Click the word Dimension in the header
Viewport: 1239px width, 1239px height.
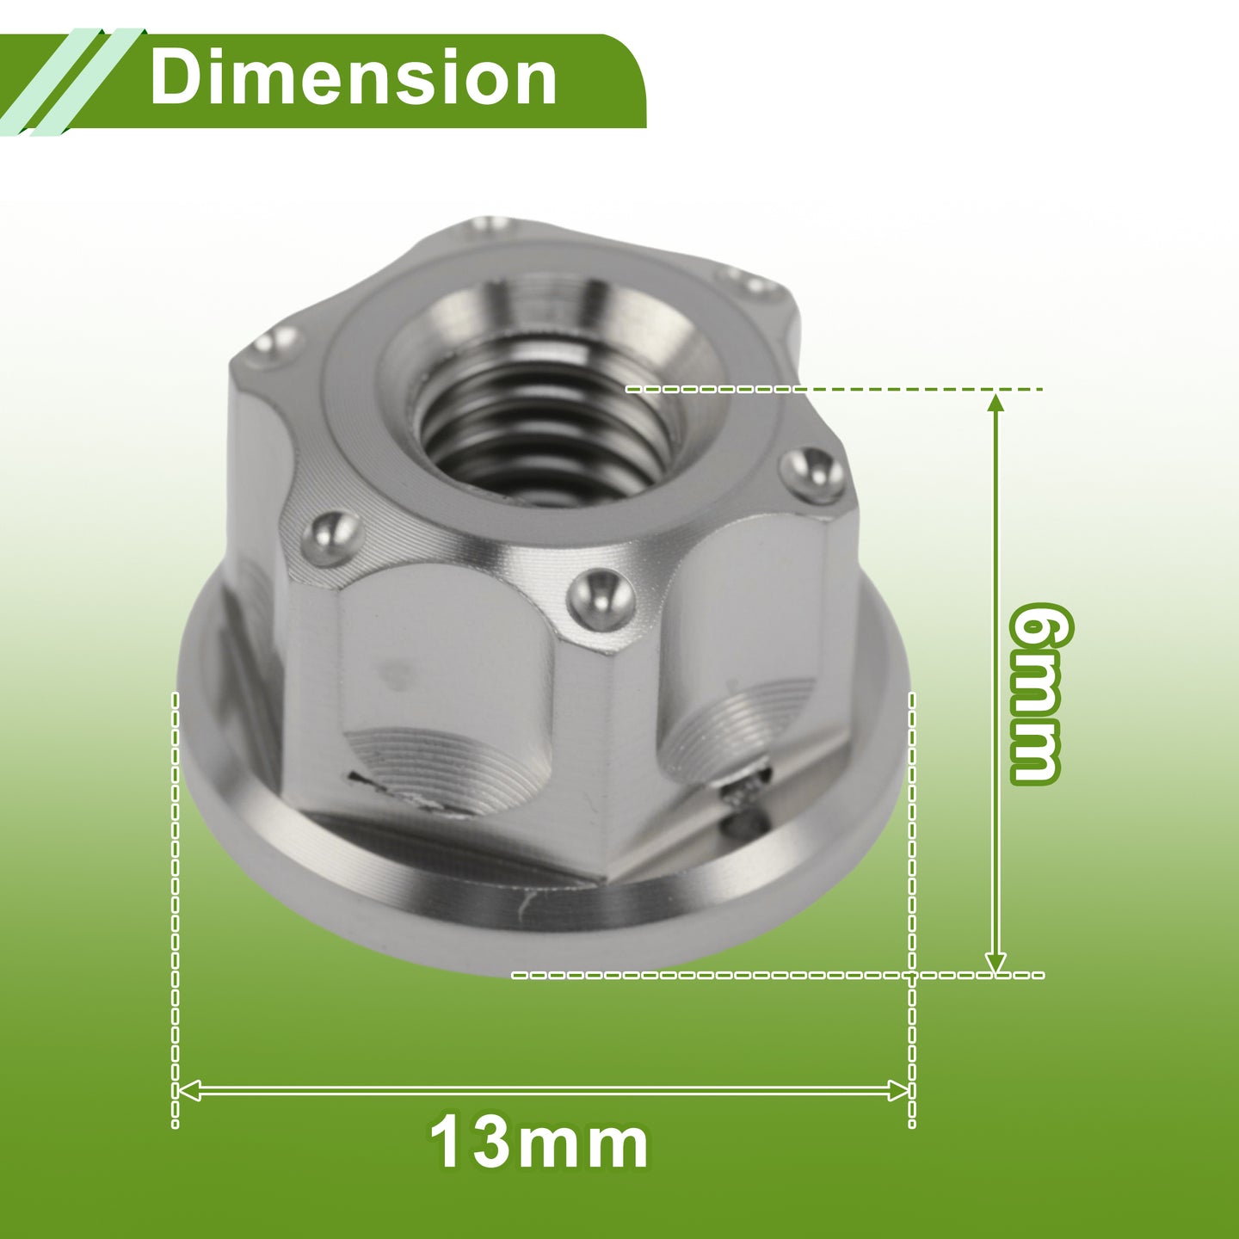click(353, 79)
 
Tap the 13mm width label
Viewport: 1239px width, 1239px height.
click(539, 1143)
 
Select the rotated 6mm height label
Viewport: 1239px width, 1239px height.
click(1039, 693)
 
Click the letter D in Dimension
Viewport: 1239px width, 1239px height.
click(175, 79)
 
